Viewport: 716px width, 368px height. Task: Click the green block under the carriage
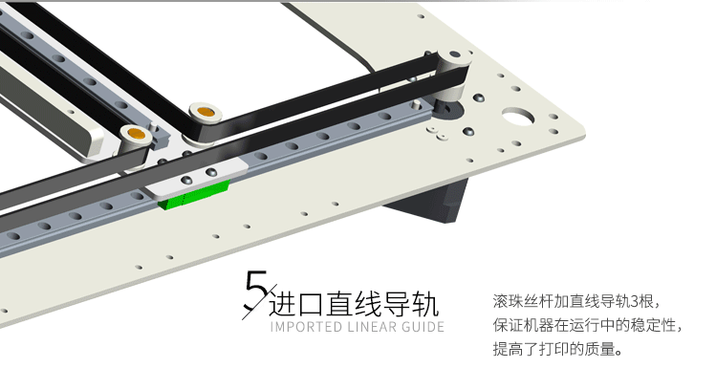click(194, 194)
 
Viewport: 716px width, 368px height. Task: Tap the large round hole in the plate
click(518, 116)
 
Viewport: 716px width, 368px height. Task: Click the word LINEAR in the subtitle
click(372, 327)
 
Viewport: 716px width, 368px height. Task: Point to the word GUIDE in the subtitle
click(423, 327)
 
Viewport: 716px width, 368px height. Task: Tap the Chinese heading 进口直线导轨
click(354, 304)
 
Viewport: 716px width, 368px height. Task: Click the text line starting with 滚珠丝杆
click(576, 301)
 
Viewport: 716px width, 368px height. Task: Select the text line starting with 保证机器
click(588, 326)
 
